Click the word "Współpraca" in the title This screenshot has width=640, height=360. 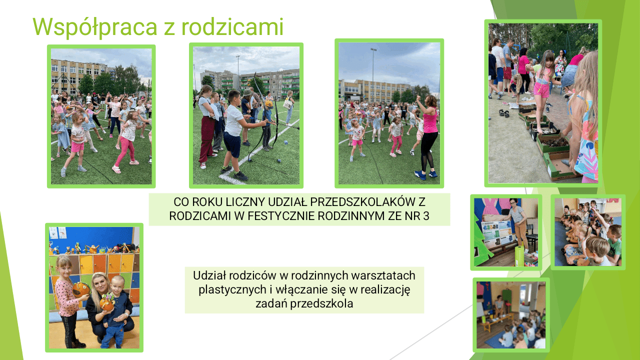pos(95,27)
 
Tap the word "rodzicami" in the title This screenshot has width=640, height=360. pos(232,26)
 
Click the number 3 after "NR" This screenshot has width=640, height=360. pos(426,216)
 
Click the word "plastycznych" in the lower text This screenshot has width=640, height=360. pos(232,290)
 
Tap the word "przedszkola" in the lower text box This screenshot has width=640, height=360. pos(321,303)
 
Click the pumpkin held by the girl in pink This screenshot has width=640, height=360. pos(81,289)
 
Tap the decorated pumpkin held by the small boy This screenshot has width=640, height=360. pos(107,303)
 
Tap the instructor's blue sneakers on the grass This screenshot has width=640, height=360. pos(425,174)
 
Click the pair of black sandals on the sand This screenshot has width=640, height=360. pos(504,113)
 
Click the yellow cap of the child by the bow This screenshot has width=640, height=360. pos(269,103)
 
